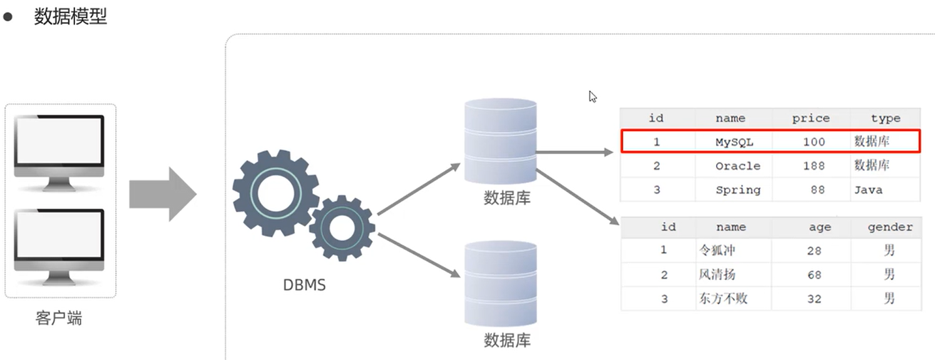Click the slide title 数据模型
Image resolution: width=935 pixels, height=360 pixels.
coord(70,17)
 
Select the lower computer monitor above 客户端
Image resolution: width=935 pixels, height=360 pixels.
coord(59,244)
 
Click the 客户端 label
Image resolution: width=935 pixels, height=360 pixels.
coord(59,319)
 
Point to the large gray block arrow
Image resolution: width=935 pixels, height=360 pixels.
coord(163,194)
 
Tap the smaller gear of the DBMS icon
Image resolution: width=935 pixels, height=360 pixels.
coord(342,228)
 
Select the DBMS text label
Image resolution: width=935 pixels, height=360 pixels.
coord(305,285)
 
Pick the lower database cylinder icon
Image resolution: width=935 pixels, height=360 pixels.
coord(501,285)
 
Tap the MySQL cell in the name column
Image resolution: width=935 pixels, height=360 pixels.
coord(734,142)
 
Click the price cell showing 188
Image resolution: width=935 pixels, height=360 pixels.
coord(814,166)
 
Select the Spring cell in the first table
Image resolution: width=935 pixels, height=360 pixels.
coord(737,190)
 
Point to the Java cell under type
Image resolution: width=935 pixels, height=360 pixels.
coord(868,190)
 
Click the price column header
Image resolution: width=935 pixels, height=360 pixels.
coord(810,118)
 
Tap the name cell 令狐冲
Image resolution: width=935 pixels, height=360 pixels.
coord(717,250)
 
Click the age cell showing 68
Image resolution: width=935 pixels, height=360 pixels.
coord(814,275)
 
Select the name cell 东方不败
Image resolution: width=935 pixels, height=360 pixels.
coord(723,299)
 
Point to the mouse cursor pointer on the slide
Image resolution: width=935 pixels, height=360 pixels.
coord(592,96)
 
